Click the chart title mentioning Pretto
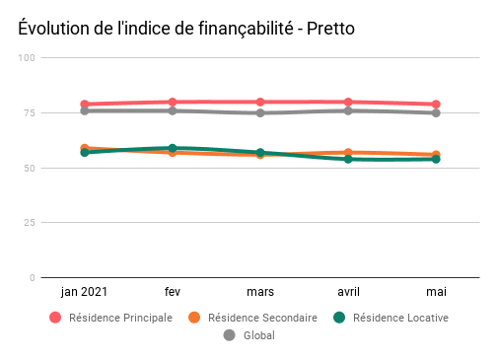pos(186,29)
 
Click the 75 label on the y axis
pos(30,113)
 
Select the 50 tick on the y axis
pos(30,169)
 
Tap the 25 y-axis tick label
pos(30,223)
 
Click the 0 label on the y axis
pos(33,278)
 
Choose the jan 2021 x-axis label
pos(85,292)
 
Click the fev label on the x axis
pos(173,292)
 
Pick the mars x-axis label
pos(260,292)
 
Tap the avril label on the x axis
pos(348,292)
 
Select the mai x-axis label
pos(436,292)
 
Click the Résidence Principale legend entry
pos(110,318)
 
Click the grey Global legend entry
pos(249,335)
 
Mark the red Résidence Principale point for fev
pos(173,102)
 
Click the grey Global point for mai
pos(436,112)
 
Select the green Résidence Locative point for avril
pos(348,159)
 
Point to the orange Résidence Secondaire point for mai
pos(436,155)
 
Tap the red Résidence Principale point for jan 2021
pos(85,104)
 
